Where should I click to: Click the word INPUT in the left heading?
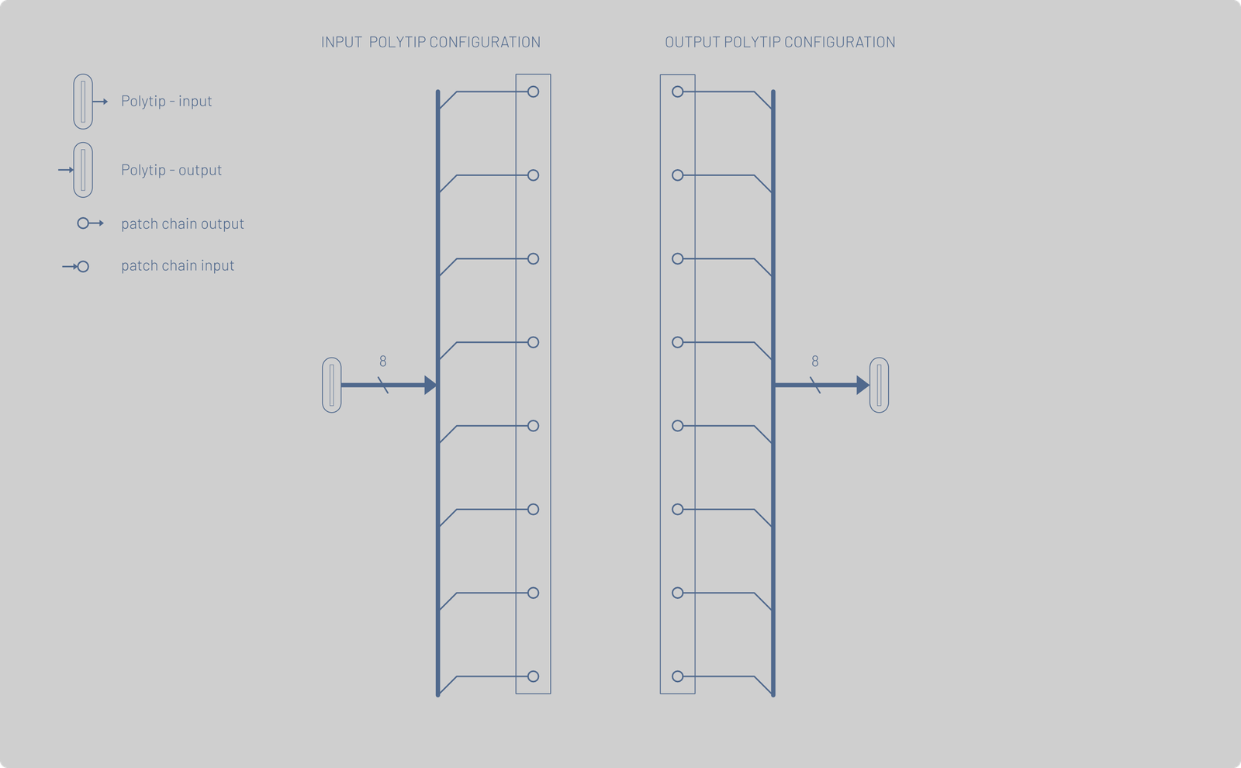pos(341,42)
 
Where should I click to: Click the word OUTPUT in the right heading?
pos(693,42)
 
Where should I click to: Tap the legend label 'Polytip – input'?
pos(166,101)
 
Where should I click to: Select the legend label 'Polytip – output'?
pos(171,170)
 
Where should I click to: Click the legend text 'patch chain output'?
pos(182,223)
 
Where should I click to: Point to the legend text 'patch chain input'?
pos(178,265)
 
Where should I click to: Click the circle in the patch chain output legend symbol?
pos(83,223)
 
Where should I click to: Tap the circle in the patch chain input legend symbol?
pos(83,267)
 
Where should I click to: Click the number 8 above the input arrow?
pos(383,362)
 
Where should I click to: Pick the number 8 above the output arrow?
pos(815,362)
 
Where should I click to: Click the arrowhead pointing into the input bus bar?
pos(430,385)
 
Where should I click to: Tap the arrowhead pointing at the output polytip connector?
pos(862,385)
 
